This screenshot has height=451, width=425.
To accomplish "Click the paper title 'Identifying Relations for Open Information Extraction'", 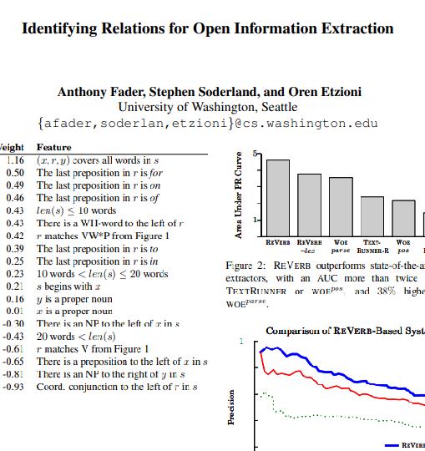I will click(207, 28).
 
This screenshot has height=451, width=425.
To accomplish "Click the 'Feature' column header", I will click(53, 147).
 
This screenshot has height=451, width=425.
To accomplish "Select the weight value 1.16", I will click(14, 160).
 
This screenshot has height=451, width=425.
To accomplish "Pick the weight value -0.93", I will click(13, 388).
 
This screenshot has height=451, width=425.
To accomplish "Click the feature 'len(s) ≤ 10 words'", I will click(76, 211).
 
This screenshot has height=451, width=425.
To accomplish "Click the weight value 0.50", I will click(14, 173).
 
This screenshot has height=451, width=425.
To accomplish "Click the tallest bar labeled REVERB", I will click(278, 199).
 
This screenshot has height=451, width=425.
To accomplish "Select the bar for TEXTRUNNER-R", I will click(372, 217).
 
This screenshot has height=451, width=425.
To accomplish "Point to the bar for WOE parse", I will click(341, 208).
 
